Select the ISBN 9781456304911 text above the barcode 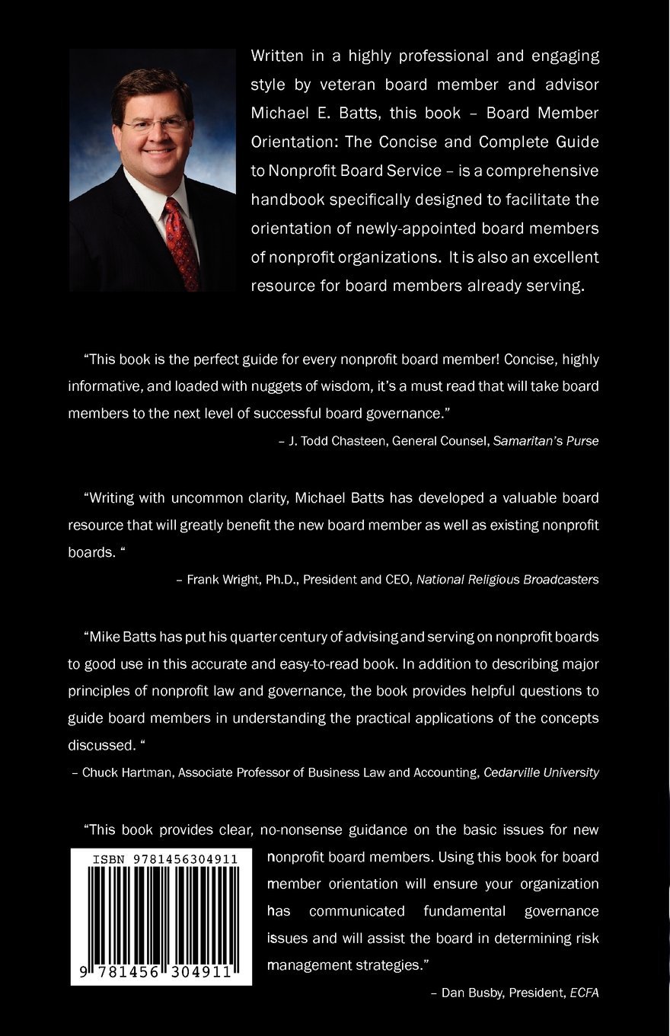164,859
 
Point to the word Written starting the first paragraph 279,56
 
